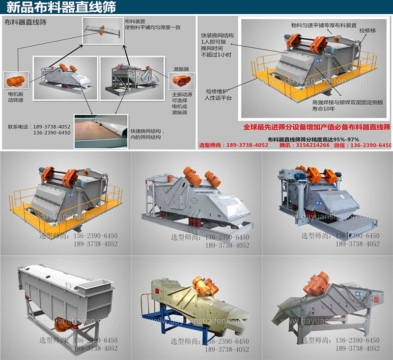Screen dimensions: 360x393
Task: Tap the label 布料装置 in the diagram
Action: coord(132,22)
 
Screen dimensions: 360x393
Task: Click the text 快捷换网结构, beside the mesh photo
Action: coord(147,131)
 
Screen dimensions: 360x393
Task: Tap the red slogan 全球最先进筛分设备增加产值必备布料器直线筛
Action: coord(317,127)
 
